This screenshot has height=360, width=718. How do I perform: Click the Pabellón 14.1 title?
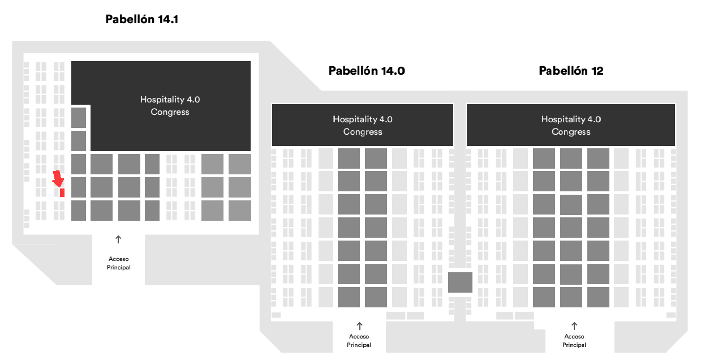(141, 20)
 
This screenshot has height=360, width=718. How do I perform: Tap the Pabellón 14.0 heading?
(367, 71)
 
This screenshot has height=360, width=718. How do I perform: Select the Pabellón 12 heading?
(571, 71)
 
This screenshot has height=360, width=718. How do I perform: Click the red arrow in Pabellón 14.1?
(58, 179)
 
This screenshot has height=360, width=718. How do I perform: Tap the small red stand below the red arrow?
(62, 192)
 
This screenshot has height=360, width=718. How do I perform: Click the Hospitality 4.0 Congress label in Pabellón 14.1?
(170, 106)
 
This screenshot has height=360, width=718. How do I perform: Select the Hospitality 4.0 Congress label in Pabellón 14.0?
(363, 126)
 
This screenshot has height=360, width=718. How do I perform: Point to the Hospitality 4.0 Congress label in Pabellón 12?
(571, 126)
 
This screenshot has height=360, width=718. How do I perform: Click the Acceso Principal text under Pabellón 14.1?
(119, 263)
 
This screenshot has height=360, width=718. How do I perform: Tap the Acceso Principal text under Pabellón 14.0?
(359, 341)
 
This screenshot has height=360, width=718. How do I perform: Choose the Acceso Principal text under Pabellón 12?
(574, 341)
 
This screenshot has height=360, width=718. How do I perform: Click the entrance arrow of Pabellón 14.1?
(118, 239)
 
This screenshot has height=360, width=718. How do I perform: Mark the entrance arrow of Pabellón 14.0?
(359, 326)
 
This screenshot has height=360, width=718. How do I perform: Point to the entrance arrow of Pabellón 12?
(574, 326)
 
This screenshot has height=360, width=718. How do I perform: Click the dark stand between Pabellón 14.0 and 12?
(460, 282)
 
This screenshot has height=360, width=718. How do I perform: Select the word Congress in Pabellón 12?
(571, 132)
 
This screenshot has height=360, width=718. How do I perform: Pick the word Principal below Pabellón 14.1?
(119, 267)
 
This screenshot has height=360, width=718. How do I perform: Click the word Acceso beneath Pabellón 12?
(574, 337)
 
